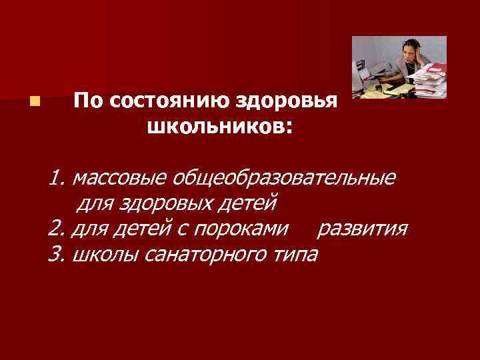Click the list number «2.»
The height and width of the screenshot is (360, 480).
point(57,229)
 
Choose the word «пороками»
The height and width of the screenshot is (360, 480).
point(249,229)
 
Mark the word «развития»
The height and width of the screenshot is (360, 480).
point(362,229)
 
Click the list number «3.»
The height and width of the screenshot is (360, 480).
point(57,254)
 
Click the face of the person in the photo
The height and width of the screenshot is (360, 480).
point(407,55)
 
